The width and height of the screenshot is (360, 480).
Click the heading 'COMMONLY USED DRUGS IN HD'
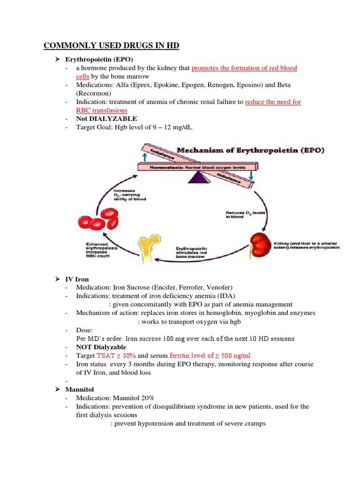[112, 45]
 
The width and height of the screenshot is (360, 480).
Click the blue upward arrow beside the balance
[143, 158]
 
